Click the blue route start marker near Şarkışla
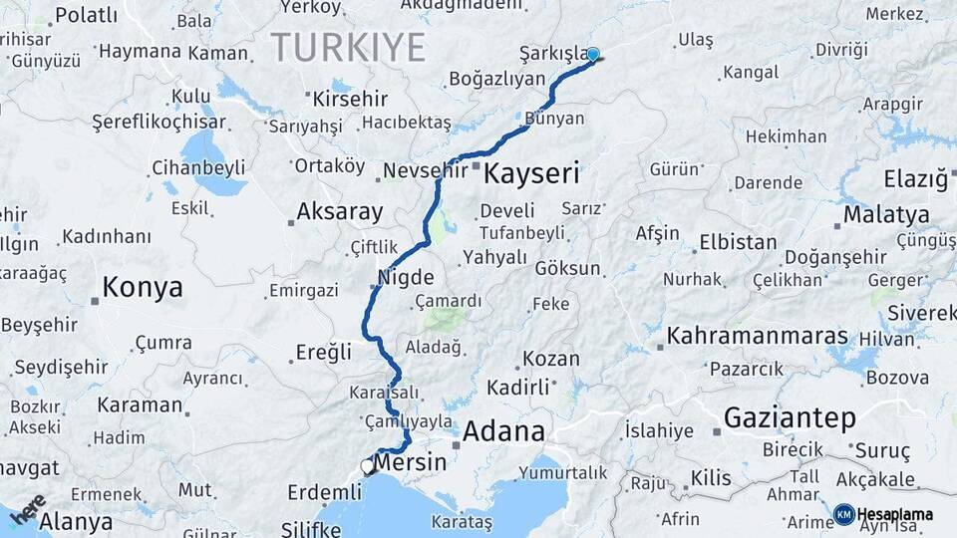point(593,55)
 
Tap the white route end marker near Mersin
point(368,466)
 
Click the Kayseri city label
point(531,174)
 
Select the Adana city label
point(503,432)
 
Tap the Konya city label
point(143,289)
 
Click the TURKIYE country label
point(348,47)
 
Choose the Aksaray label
point(340,212)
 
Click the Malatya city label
point(886,215)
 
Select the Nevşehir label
point(426,170)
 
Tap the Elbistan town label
point(738,242)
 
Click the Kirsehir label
point(350,100)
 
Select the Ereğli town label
point(324,352)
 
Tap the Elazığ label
point(915,180)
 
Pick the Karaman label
point(140,405)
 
